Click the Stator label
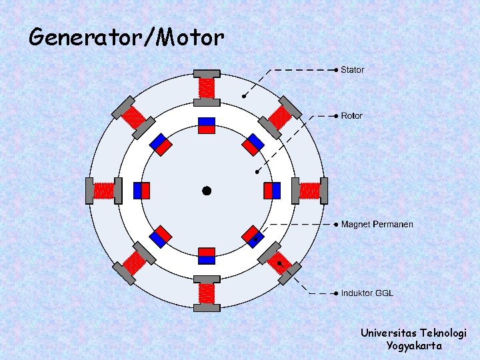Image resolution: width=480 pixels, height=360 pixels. (x=353, y=69)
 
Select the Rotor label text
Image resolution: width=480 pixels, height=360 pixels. (x=352, y=116)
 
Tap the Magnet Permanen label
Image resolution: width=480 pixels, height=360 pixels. (x=377, y=224)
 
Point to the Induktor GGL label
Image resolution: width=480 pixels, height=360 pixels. (x=367, y=293)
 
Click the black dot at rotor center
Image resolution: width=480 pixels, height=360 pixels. (x=207, y=191)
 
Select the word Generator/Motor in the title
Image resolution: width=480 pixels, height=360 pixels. (x=127, y=37)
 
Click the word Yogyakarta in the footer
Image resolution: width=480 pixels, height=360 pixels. (x=413, y=346)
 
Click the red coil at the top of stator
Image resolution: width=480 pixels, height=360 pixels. (x=207, y=87)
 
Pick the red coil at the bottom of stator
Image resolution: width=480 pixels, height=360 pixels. (x=207, y=293)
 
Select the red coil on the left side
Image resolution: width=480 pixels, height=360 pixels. (x=104, y=191)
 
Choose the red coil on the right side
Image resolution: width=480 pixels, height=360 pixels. (x=310, y=191)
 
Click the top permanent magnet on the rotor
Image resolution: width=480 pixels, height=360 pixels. (x=207, y=125)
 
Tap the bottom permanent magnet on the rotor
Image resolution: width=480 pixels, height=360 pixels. (x=207, y=255)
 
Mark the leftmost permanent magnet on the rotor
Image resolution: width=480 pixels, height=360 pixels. (x=141, y=191)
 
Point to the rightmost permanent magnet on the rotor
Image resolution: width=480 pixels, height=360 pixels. (x=272, y=191)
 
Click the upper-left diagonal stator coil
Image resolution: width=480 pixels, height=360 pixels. (x=134, y=118)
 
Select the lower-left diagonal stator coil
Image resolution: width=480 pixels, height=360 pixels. (x=134, y=263)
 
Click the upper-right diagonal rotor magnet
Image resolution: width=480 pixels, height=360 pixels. (x=253, y=145)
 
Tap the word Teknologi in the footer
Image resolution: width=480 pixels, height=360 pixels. (x=443, y=333)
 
